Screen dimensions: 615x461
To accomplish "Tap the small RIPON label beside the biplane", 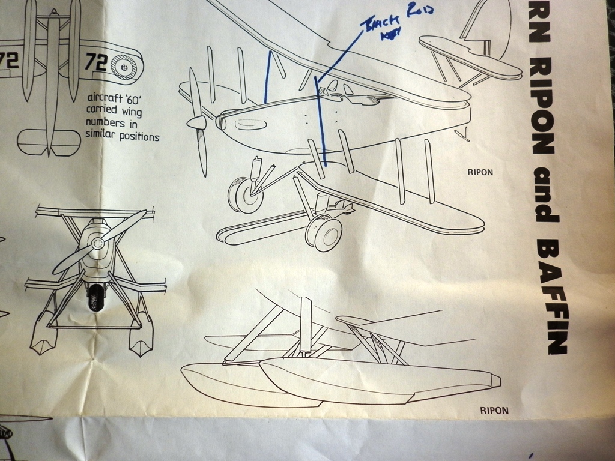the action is click(480, 172).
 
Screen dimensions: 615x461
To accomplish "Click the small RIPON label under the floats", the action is click(494, 411).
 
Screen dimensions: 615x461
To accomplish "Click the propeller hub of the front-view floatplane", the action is click(97, 243).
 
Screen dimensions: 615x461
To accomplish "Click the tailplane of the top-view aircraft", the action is click(48, 142).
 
